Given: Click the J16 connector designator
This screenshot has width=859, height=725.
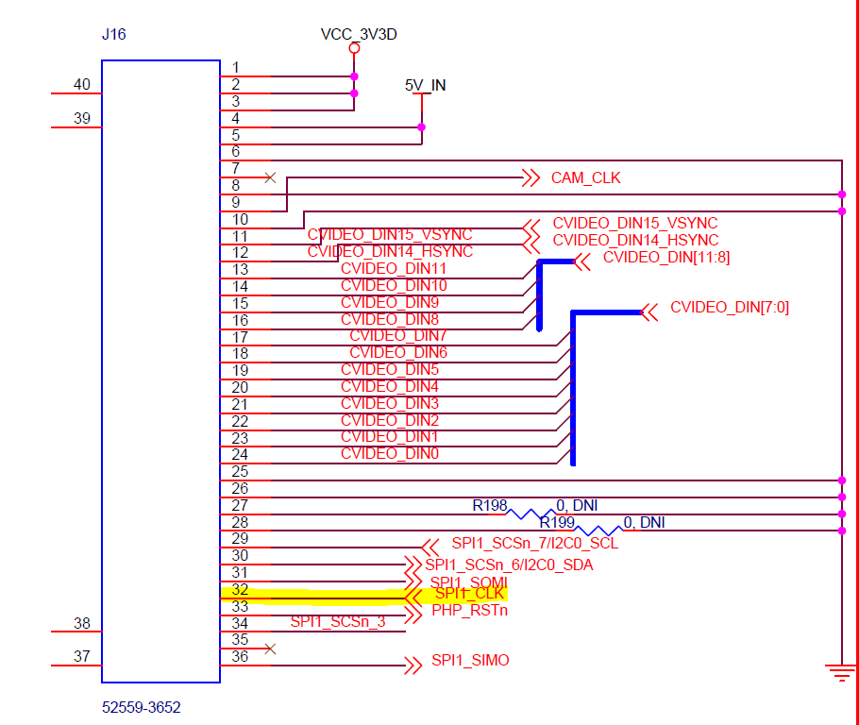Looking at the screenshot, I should (x=113, y=35).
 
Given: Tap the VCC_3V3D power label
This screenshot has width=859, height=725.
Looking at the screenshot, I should (x=359, y=35).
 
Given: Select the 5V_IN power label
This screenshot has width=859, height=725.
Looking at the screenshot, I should (x=425, y=85).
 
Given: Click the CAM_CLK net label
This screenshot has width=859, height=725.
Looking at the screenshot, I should (x=586, y=177).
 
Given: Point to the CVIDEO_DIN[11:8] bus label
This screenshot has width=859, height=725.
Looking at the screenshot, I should (x=665, y=257).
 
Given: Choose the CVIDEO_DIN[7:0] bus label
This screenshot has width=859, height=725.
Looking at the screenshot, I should (x=729, y=307).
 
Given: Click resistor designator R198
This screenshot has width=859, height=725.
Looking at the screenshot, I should (x=490, y=505).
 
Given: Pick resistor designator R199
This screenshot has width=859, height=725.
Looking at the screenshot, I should (x=557, y=521).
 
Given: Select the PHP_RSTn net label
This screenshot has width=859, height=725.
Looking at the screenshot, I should (x=470, y=610).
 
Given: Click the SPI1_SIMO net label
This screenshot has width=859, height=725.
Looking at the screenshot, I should (x=470, y=660).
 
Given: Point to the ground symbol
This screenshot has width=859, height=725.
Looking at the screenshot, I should (x=840, y=673).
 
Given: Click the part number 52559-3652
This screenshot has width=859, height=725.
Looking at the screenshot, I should (x=141, y=705).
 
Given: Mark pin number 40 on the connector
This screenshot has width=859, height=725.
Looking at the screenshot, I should (x=82, y=85).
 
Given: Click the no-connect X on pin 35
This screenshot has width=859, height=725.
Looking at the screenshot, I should (x=271, y=649).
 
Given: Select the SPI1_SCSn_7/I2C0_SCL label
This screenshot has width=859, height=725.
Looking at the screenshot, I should (x=534, y=543).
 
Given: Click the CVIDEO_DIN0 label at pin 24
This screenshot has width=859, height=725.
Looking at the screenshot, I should (x=390, y=454).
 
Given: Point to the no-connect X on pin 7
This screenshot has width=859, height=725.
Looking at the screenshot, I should (x=271, y=177).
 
